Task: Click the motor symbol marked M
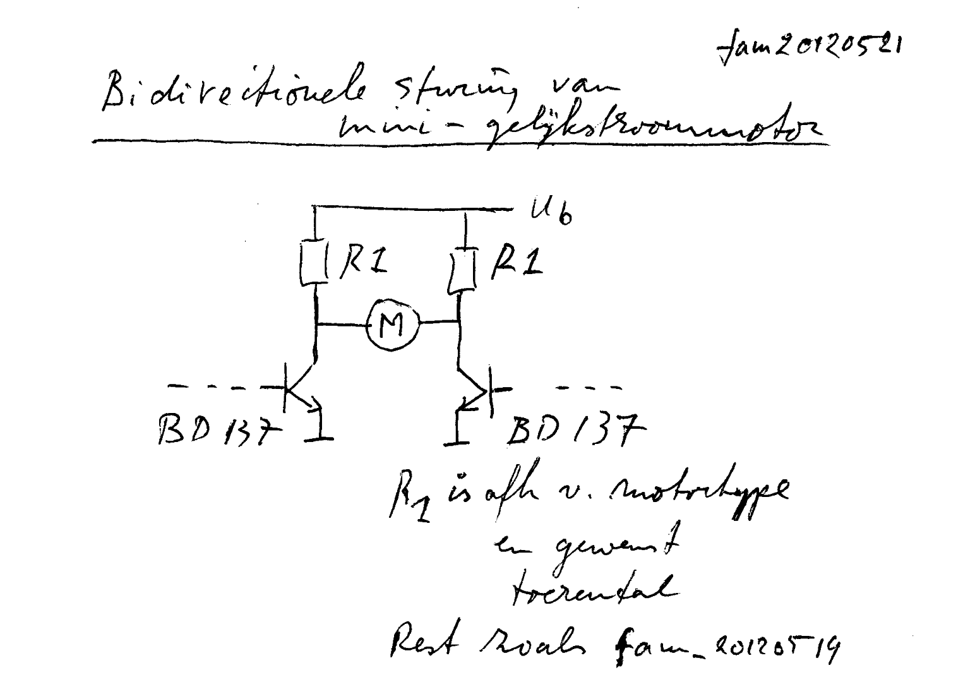pos(392,324)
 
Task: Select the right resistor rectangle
pos(463,272)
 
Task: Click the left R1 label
pos(363,259)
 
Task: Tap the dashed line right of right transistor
pos(587,387)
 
